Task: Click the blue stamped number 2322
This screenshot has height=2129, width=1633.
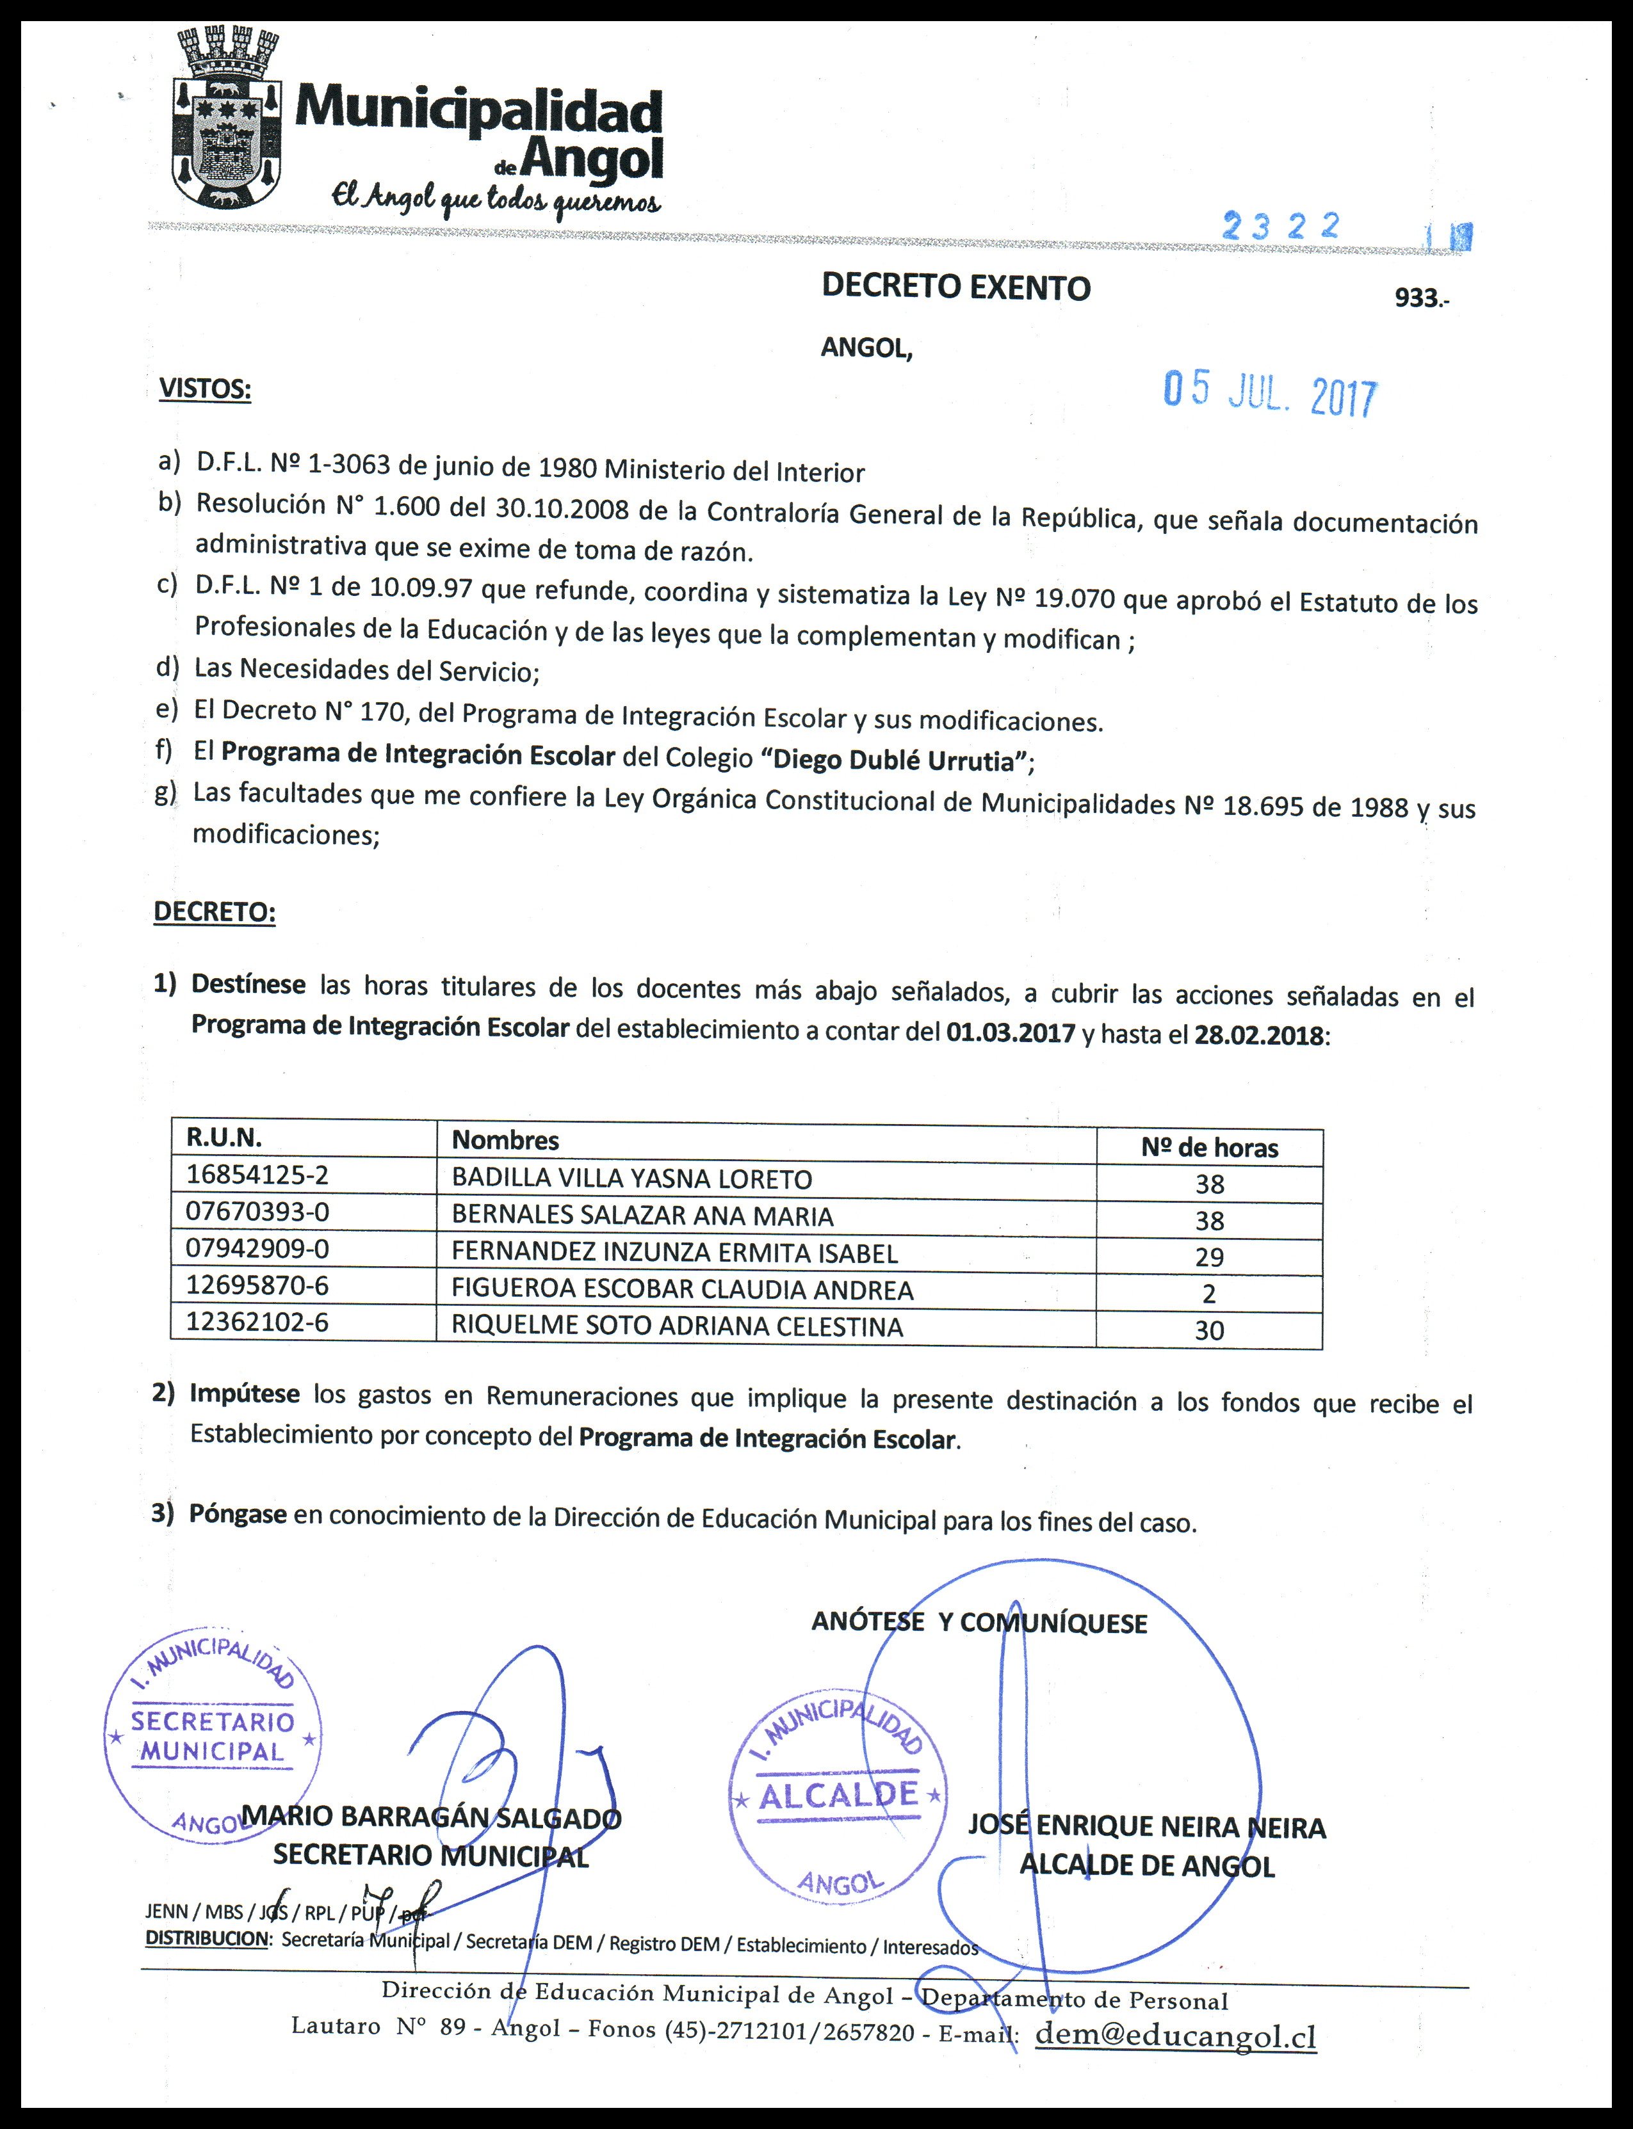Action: point(1281,227)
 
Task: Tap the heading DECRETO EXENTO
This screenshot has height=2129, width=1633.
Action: point(955,287)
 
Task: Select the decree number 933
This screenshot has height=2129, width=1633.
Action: point(1418,298)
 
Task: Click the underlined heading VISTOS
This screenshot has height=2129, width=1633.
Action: point(204,390)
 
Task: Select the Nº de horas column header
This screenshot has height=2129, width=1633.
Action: point(1209,1148)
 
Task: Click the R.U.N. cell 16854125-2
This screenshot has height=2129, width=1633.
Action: point(257,1175)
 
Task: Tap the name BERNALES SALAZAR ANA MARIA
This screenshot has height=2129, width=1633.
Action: point(642,1216)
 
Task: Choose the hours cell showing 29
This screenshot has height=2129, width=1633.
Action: point(1209,1257)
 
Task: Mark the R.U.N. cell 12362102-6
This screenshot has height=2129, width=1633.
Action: point(257,1322)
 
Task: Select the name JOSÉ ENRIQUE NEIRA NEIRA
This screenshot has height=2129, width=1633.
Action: point(1146,1827)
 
